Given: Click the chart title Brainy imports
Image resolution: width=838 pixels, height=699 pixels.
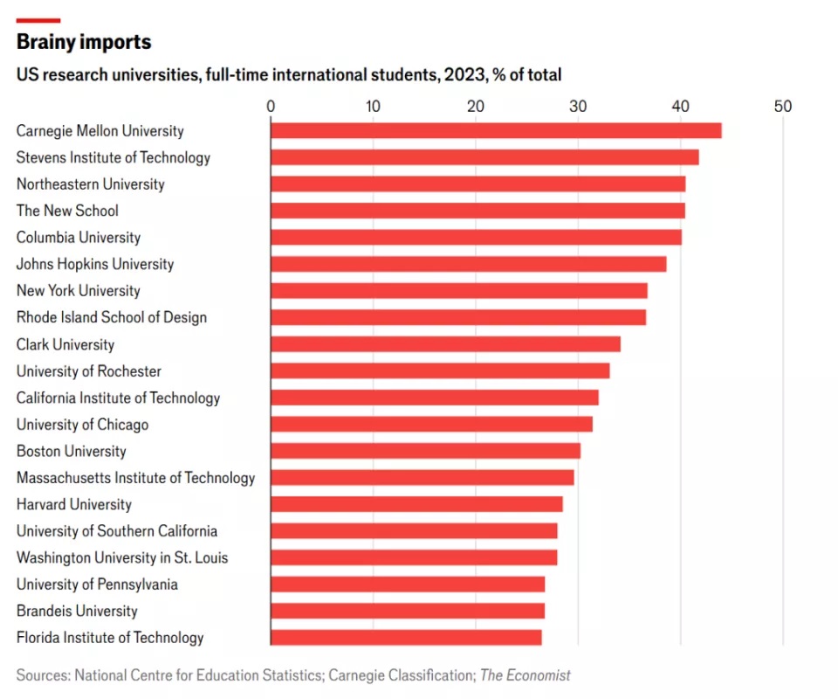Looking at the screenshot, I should click(x=84, y=42).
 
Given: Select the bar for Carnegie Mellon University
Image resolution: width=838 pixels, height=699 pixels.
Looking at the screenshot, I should click(x=496, y=131).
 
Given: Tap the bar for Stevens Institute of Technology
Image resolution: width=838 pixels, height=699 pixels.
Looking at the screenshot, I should click(x=484, y=157).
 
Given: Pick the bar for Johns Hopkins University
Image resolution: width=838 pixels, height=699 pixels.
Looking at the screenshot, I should click(x=468, y=264).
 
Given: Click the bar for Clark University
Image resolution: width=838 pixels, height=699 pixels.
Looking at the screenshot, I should click(x=445, y=344).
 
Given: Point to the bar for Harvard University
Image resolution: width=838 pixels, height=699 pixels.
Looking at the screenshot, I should click(x=416, y=504).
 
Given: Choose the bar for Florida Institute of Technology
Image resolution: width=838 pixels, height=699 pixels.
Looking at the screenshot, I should click(x=406, y=637).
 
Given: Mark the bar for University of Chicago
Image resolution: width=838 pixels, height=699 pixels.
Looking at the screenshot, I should click(x=431, y=424).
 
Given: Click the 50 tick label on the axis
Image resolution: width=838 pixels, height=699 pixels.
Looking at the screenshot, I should click(x=783, y=107).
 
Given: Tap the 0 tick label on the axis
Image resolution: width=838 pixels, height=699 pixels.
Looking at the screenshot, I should click(x=271, y=107).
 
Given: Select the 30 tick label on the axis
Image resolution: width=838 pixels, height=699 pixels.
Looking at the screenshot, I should click(x=578, y=107).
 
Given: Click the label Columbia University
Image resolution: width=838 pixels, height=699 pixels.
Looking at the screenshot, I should click(x=79, y=238).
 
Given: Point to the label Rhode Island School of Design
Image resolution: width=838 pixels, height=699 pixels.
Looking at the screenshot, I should click(x=112, y=317).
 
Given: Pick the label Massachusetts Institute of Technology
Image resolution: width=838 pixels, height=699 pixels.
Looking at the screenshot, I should click(x=135, y=478).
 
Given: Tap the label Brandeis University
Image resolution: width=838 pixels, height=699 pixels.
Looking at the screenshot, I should click(x=77, y=611).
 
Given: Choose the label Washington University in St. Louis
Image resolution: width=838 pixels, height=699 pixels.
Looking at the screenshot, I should click(x=122, y=557).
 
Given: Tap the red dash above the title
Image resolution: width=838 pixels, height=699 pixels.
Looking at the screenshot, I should click(x=38, y=20).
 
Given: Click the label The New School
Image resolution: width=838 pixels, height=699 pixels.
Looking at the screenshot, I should click(x=67, y=211).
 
